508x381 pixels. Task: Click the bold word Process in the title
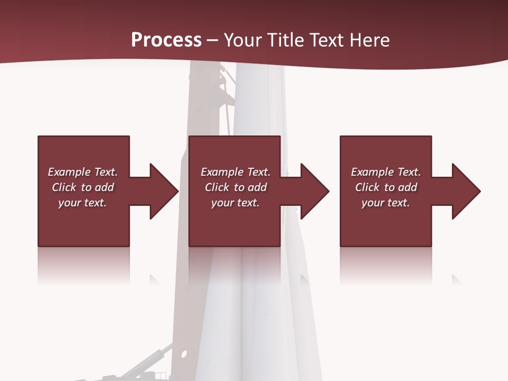tap(166, 40)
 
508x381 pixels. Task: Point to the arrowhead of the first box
tap(164, 191)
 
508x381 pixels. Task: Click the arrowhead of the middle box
tap(314, 191)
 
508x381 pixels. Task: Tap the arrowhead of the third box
tap(466, 191)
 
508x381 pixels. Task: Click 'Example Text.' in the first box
tap(83, 172)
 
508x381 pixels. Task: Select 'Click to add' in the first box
tap(83, 187)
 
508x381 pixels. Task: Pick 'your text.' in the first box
tap(83, 203)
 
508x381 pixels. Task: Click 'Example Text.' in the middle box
tap(235, 172)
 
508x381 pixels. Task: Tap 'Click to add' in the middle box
tap(235, 187)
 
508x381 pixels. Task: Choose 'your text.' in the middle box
tap(235, 203)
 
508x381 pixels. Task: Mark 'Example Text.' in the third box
tap(386, 172)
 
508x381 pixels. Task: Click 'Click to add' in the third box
tap(386, 187)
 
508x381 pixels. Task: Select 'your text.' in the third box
tap(386, 203)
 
